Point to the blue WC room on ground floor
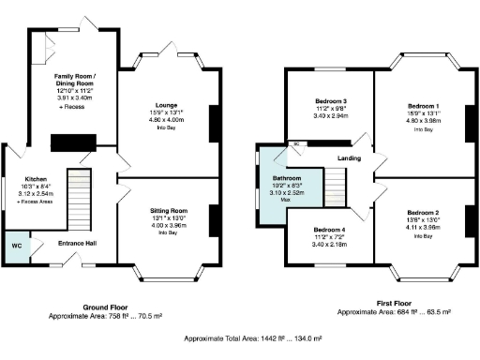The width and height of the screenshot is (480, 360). click(17, 247)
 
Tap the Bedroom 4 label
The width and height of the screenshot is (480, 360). click(330, 230)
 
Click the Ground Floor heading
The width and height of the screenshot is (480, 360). click(107, 307)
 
